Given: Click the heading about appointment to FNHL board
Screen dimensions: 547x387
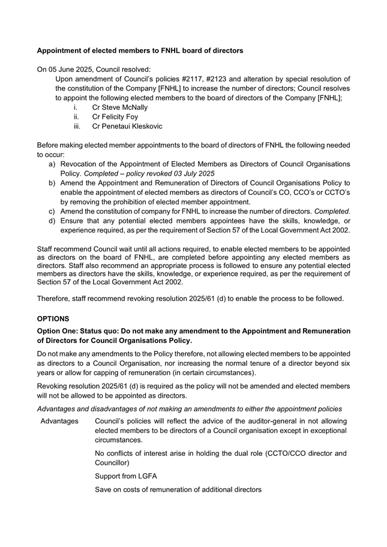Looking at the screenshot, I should point(140,51).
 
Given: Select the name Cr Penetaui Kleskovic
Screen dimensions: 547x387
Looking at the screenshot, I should point(127,127).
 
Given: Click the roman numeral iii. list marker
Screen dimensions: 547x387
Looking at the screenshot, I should point(77,127).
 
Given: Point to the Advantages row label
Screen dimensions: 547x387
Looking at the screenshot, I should point(59,421).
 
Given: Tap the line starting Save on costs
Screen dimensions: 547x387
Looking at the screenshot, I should point(178,490).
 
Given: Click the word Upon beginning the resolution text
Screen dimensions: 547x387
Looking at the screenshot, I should point(65,79).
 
